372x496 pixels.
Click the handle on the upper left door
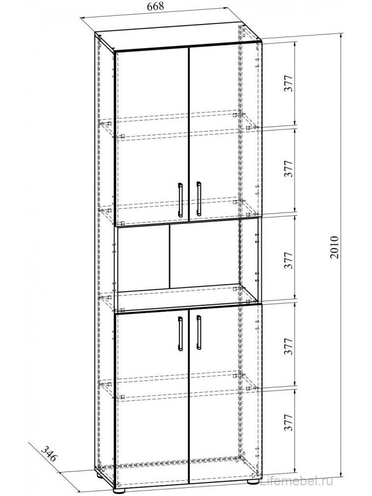[x=180, y=199]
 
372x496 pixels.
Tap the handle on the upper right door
[x=198, y=198]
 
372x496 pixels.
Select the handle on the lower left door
[x=180, y=333]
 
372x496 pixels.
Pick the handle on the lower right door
[x=198, y=332]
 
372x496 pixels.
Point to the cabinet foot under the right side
[x=253, y=480]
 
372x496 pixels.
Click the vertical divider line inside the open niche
[x=169, y=257]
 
